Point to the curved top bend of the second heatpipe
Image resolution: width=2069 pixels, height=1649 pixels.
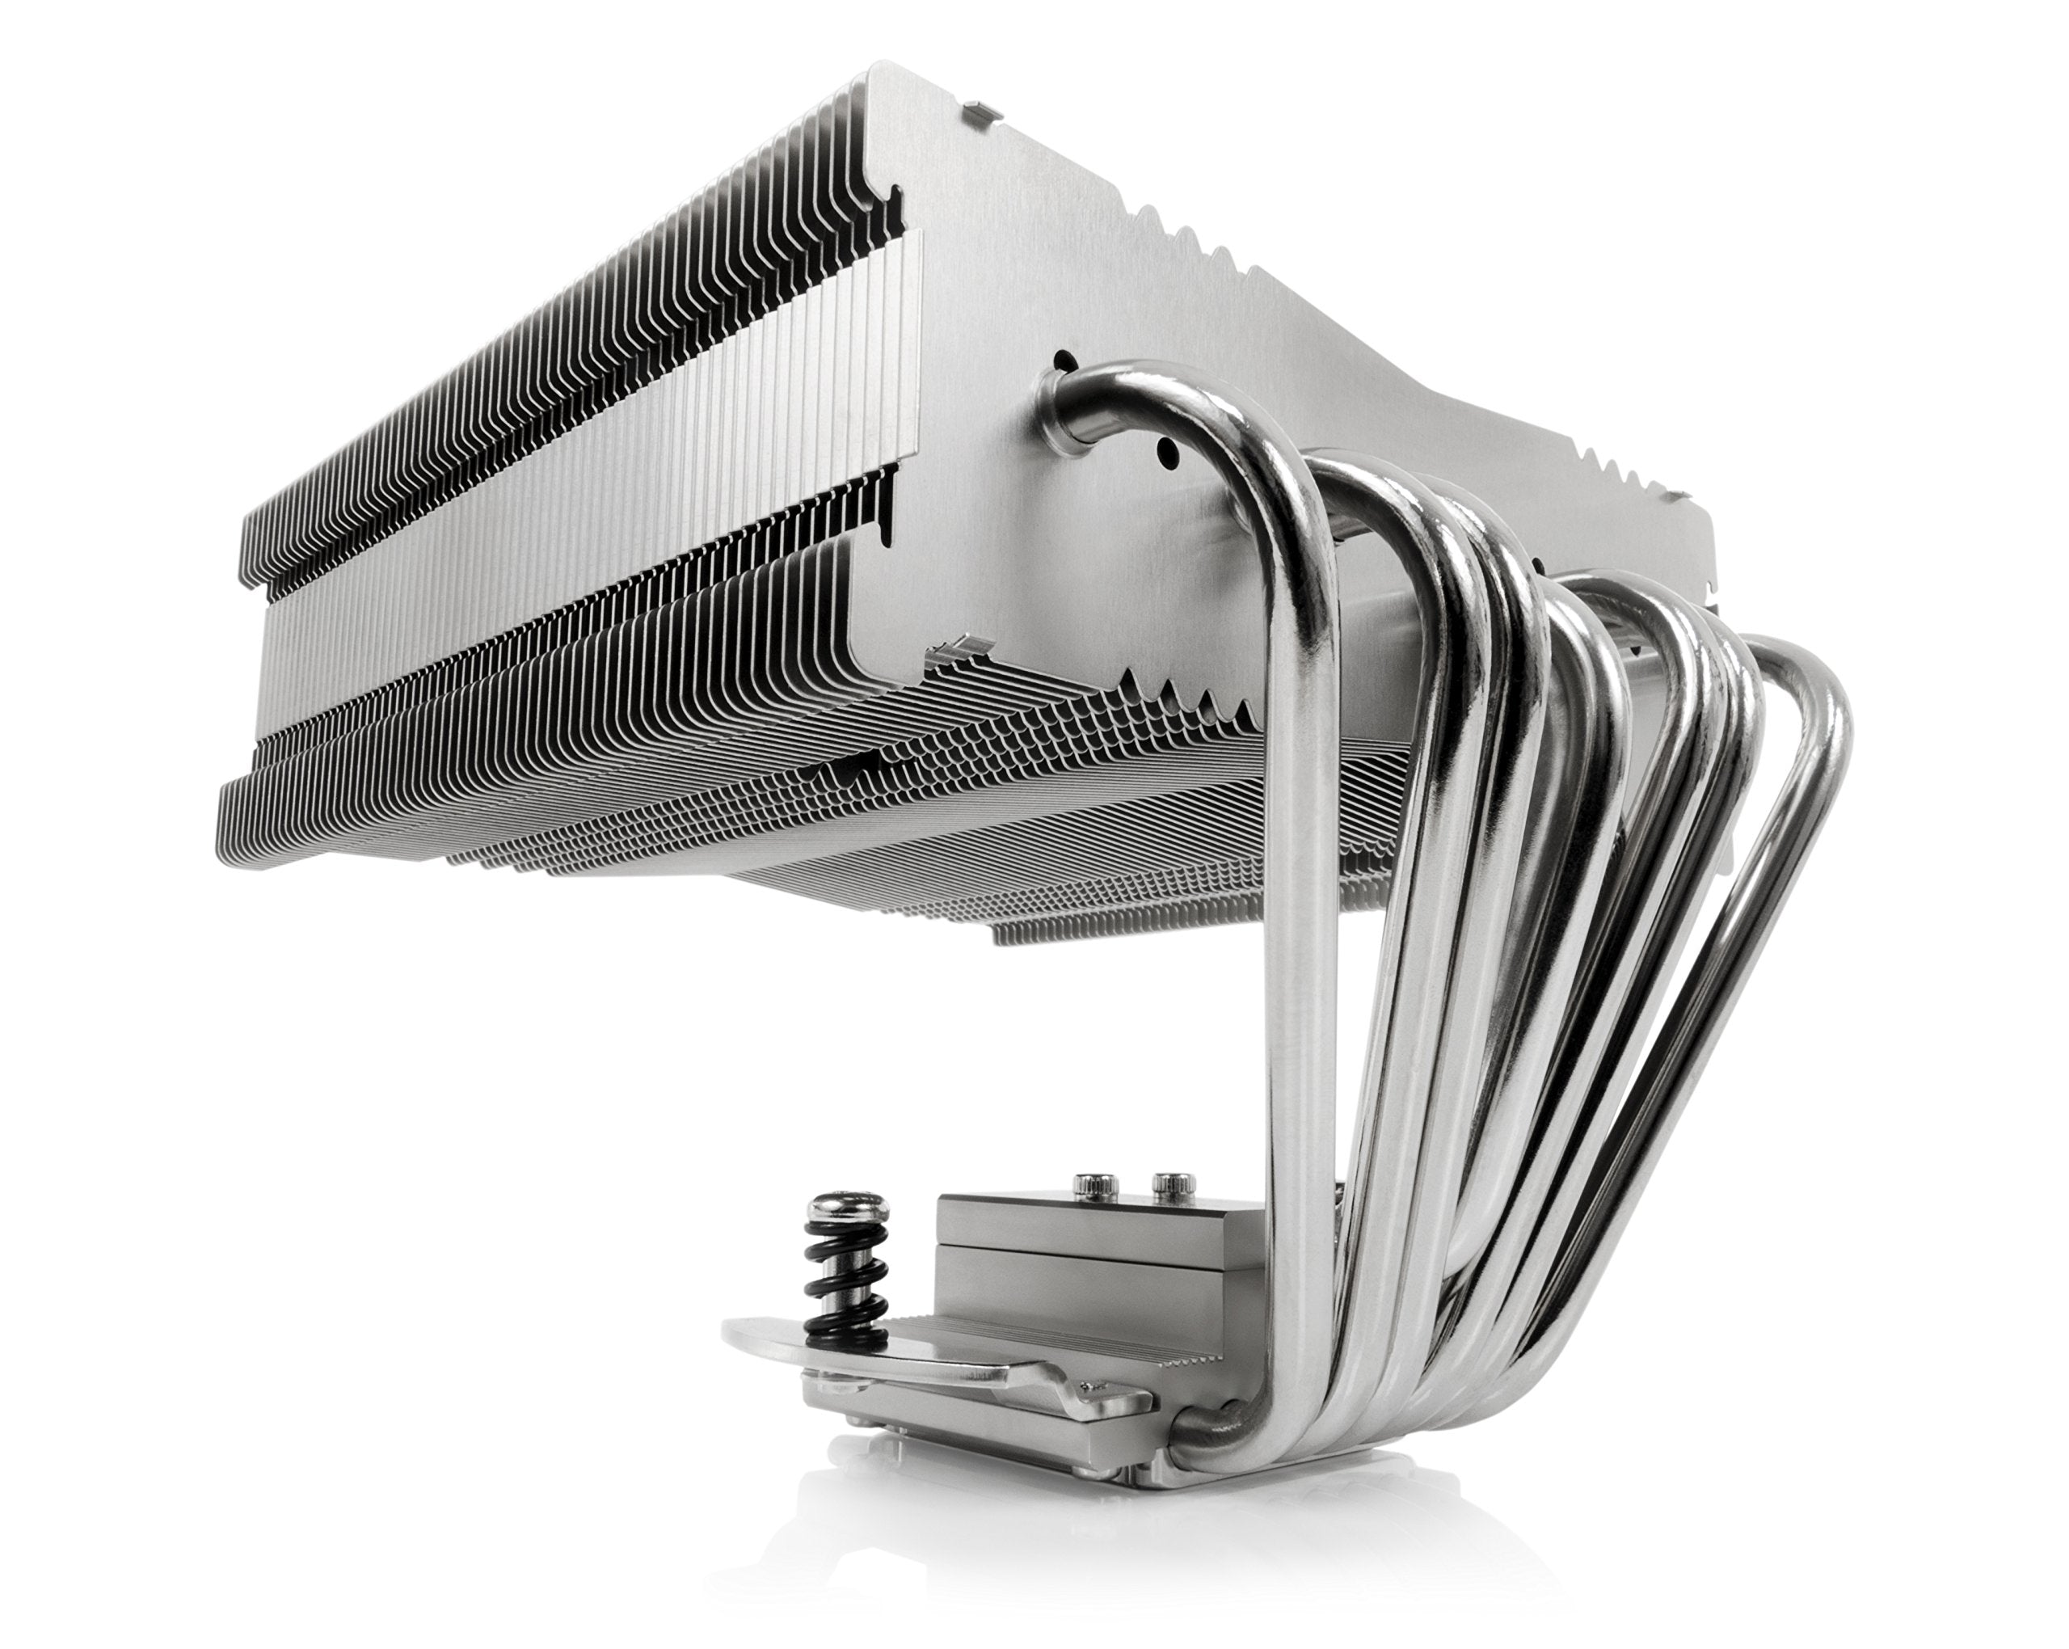click(x=1382, y=480)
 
